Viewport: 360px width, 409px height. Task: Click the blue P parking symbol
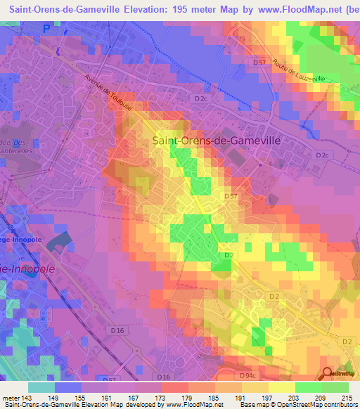(x=47, y=29)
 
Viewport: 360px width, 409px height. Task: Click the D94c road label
(x=247, y=376)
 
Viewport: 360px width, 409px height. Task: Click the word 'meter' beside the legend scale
(x=11, y=397)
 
